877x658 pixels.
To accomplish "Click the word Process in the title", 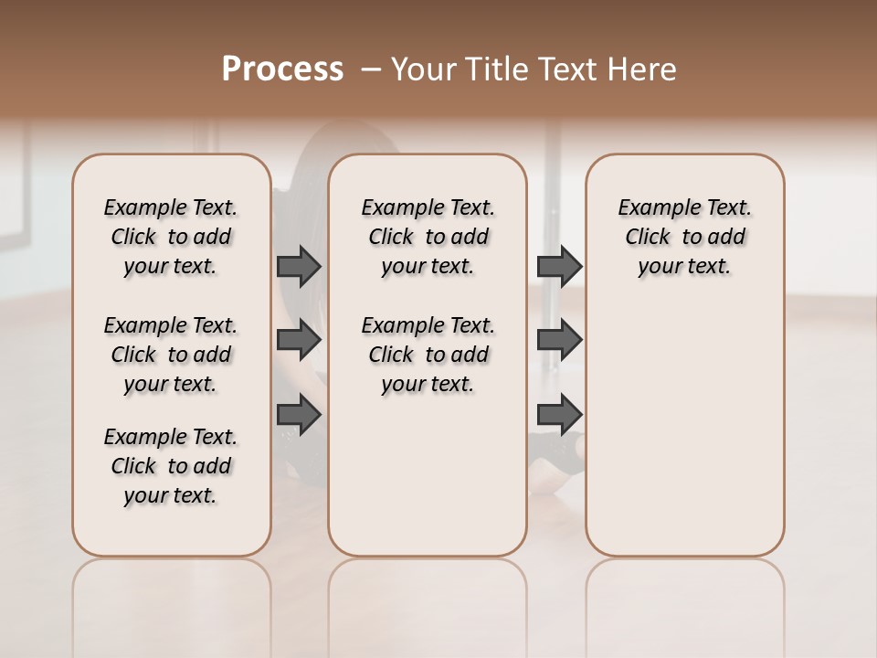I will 282,69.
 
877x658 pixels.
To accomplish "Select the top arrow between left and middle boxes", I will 299,266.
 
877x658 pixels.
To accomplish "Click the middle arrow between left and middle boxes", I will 299,340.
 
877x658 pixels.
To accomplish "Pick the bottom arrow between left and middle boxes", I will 299,414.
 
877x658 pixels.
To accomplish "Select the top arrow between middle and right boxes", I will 559,266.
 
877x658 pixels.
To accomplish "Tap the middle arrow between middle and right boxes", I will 559,340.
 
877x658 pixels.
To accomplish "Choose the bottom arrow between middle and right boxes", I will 559,414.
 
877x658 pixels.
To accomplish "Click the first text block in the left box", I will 171,237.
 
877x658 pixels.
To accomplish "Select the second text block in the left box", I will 171,355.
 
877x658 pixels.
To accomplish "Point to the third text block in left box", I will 171,466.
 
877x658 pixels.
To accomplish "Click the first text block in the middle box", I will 428,237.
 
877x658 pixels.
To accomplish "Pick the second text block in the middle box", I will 428,355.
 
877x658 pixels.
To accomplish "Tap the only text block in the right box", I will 684,237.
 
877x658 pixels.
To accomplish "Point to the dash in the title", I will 371,69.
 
